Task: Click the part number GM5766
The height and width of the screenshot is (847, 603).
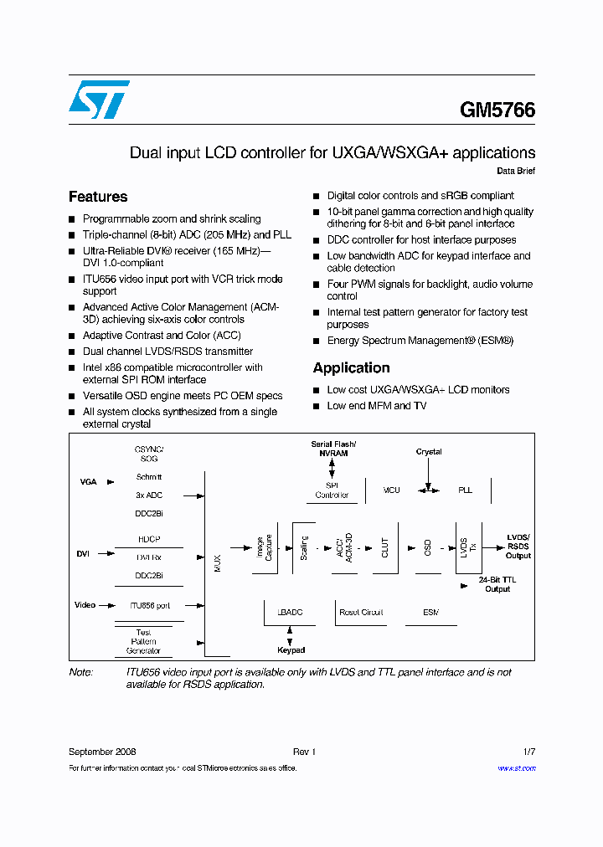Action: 497,110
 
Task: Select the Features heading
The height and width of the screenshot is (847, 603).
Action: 98,197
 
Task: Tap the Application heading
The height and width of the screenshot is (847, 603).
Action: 351,367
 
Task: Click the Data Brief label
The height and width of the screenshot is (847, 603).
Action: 516,171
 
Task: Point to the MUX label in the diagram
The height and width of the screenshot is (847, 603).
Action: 218,562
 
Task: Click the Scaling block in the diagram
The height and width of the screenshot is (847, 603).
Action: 303,548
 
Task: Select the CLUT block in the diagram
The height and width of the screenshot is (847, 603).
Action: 385,548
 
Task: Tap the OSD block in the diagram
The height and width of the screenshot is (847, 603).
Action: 427,548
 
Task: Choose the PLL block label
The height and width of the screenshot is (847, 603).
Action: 465,490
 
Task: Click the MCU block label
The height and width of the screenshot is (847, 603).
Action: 392,490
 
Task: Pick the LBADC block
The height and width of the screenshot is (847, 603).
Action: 290,613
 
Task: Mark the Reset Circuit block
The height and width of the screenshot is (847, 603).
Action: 361,613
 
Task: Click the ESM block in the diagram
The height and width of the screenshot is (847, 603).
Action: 430,613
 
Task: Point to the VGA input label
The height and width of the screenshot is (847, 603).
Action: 88,482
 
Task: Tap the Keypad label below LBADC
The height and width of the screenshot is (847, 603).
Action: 291,650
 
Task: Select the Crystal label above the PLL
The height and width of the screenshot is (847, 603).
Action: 429,452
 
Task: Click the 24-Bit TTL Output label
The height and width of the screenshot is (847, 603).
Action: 497,584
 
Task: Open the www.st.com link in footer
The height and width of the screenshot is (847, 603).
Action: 516,768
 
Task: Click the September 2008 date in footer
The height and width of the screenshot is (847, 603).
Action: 102,752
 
